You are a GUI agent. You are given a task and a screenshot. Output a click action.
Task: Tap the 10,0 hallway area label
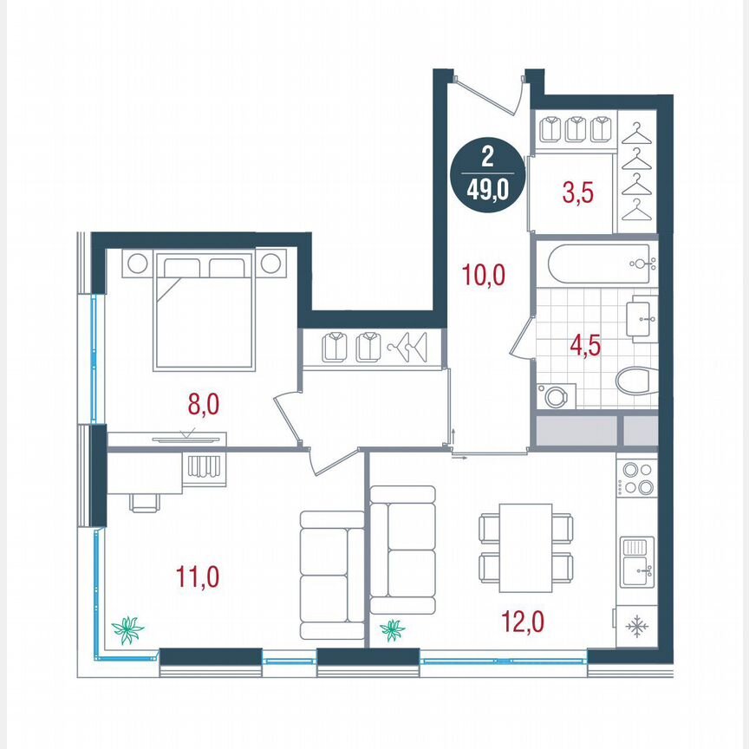(x=482, y=277)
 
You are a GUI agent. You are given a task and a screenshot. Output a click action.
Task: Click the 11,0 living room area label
(x=197, y=576)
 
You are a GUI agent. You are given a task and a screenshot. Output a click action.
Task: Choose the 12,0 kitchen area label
(x=524, y=621)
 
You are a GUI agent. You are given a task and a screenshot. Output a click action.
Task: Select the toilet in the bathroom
(x=636, y=381)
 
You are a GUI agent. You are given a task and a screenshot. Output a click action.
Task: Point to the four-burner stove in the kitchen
(x=639, y=479)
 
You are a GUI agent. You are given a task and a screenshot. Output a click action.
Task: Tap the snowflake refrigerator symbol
(x=638, y=625)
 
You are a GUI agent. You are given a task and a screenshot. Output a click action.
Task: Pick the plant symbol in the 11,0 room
(x=128, y=629)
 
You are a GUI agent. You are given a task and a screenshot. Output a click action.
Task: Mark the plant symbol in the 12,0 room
(x=393, y=629)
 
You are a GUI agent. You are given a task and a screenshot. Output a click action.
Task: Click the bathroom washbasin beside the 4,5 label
(x=644, y=320)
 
